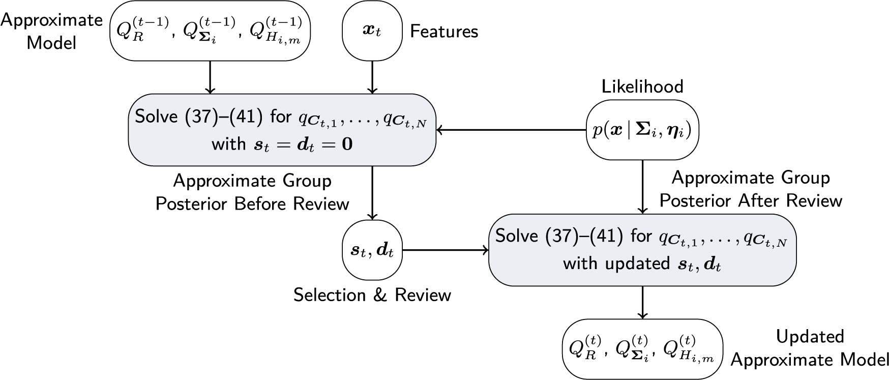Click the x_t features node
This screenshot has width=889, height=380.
(x=372, y=31)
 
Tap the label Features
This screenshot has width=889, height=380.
(x=444, y=32)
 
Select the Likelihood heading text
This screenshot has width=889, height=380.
(x=642, y=86)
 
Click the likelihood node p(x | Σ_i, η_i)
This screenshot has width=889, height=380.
(x=643, y=131)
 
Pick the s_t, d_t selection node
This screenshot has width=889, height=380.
(x=372, y=250)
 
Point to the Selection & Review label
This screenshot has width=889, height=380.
(x=372, y=295)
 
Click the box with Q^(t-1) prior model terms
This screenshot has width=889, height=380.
(x=210, y=31)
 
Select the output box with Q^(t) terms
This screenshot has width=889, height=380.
(x=642, y=349)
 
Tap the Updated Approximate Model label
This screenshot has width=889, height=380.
(x=810, y=348)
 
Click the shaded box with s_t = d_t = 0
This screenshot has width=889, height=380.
(x=282, y=130)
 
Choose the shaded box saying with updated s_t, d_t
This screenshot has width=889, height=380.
(x=642, y=250)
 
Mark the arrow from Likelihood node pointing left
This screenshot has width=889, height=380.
(x=511, y=131)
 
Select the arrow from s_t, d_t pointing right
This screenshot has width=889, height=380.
(x=445, y=250)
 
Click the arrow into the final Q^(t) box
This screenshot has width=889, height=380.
(x=643, y=303)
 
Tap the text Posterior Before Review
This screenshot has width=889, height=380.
(x=252, y=204)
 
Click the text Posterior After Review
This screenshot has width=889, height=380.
(x=751, y=200)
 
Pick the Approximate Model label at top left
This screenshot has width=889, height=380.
(x=51, y=31)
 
